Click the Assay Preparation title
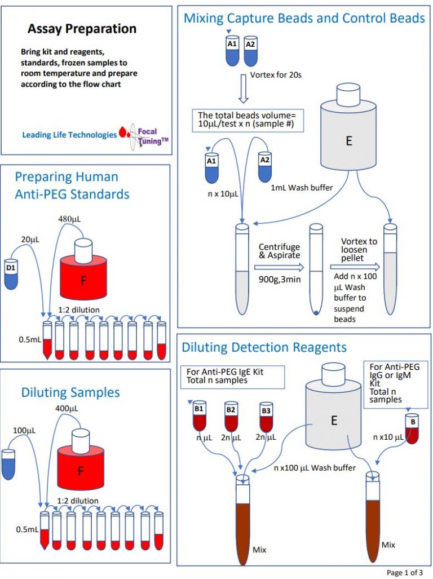pos(82,29)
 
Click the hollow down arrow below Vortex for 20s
pos(243,91)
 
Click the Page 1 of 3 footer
pos(404,572)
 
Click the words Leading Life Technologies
pos(69,135)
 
